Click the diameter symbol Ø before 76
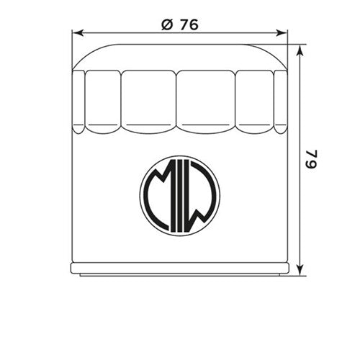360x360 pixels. coord(166,24)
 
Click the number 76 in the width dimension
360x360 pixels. coord(188,24)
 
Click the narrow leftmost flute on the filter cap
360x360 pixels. coord(78,101)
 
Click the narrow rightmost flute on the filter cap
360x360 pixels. coord(281,101)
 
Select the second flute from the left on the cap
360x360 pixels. coord(103,101)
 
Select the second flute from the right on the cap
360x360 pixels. coord(255,101)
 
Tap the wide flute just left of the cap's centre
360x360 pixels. coord(148,101)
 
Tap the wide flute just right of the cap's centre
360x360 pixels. coord(206,101)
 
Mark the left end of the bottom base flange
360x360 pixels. coord(73,269)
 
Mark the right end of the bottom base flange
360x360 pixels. coord(287,269)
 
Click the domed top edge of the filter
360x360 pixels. coord(180,45)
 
